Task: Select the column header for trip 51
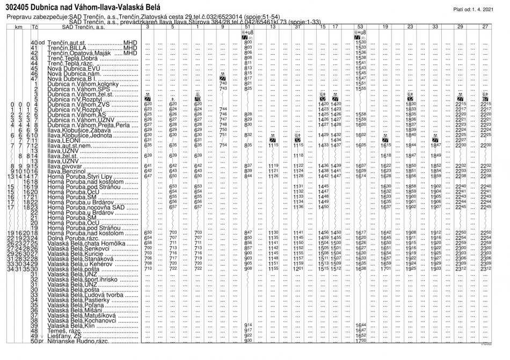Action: (247, 26)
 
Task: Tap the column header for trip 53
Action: (360, 26)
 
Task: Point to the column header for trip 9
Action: (223, 26)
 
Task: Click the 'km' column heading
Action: (18, 26)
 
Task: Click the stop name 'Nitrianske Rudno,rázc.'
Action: (75, 341)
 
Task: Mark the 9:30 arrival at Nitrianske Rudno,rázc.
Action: (247, 341)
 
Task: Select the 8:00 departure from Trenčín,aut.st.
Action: (247, 42)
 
